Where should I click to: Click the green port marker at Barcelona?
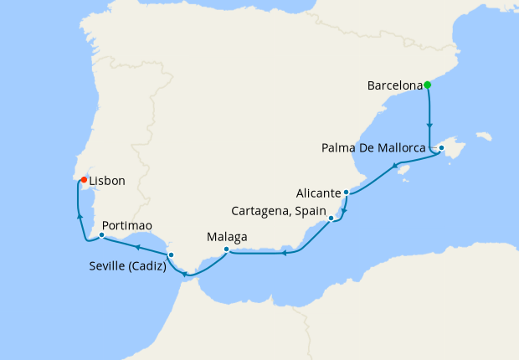pos(427,85)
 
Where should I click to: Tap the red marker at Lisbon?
pos(84,178)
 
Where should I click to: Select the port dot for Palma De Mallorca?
pos(441,148)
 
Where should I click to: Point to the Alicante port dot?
pos(346,193)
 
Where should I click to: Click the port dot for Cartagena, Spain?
pos(332,219)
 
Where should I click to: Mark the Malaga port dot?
pos(227,249)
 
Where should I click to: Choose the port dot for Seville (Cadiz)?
pos(171,255)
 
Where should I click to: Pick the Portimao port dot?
pos(101,235)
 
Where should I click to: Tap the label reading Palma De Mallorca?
pos(378,149)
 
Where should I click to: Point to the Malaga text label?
pos(227,237)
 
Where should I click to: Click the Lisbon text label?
pos(107,180)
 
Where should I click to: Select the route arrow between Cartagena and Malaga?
pos(285,252)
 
